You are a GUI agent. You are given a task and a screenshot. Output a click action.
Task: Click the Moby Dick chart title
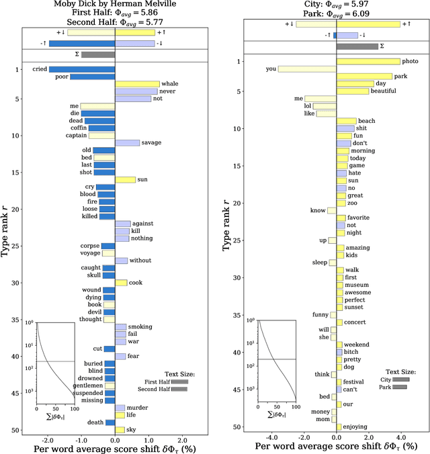(x=115, y=5)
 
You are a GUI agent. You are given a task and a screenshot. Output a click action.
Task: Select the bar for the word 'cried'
(x=81, y=69)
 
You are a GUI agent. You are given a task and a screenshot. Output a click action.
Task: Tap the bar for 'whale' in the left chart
(x=137, y=84)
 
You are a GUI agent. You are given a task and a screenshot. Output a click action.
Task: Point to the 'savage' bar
(x=127, y=142)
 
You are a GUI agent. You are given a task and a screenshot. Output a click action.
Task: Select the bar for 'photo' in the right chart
(x=368, y=61)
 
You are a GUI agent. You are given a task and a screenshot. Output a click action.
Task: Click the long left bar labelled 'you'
(x=307, y=69)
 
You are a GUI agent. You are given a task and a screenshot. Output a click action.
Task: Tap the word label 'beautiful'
(x=384, y=91)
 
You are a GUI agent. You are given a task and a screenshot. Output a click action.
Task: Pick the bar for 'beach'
(x=346, y=121)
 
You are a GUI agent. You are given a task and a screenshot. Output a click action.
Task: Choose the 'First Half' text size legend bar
(x=179, y=381)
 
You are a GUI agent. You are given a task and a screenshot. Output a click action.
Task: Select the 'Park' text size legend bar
(x=400, y=388)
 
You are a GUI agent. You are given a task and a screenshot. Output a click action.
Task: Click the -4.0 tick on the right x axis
(x=272, y=437)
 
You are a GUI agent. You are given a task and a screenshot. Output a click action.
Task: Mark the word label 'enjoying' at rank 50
(x=355, y=426)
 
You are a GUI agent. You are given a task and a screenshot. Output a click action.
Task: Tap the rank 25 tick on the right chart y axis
(x=237, y=240)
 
